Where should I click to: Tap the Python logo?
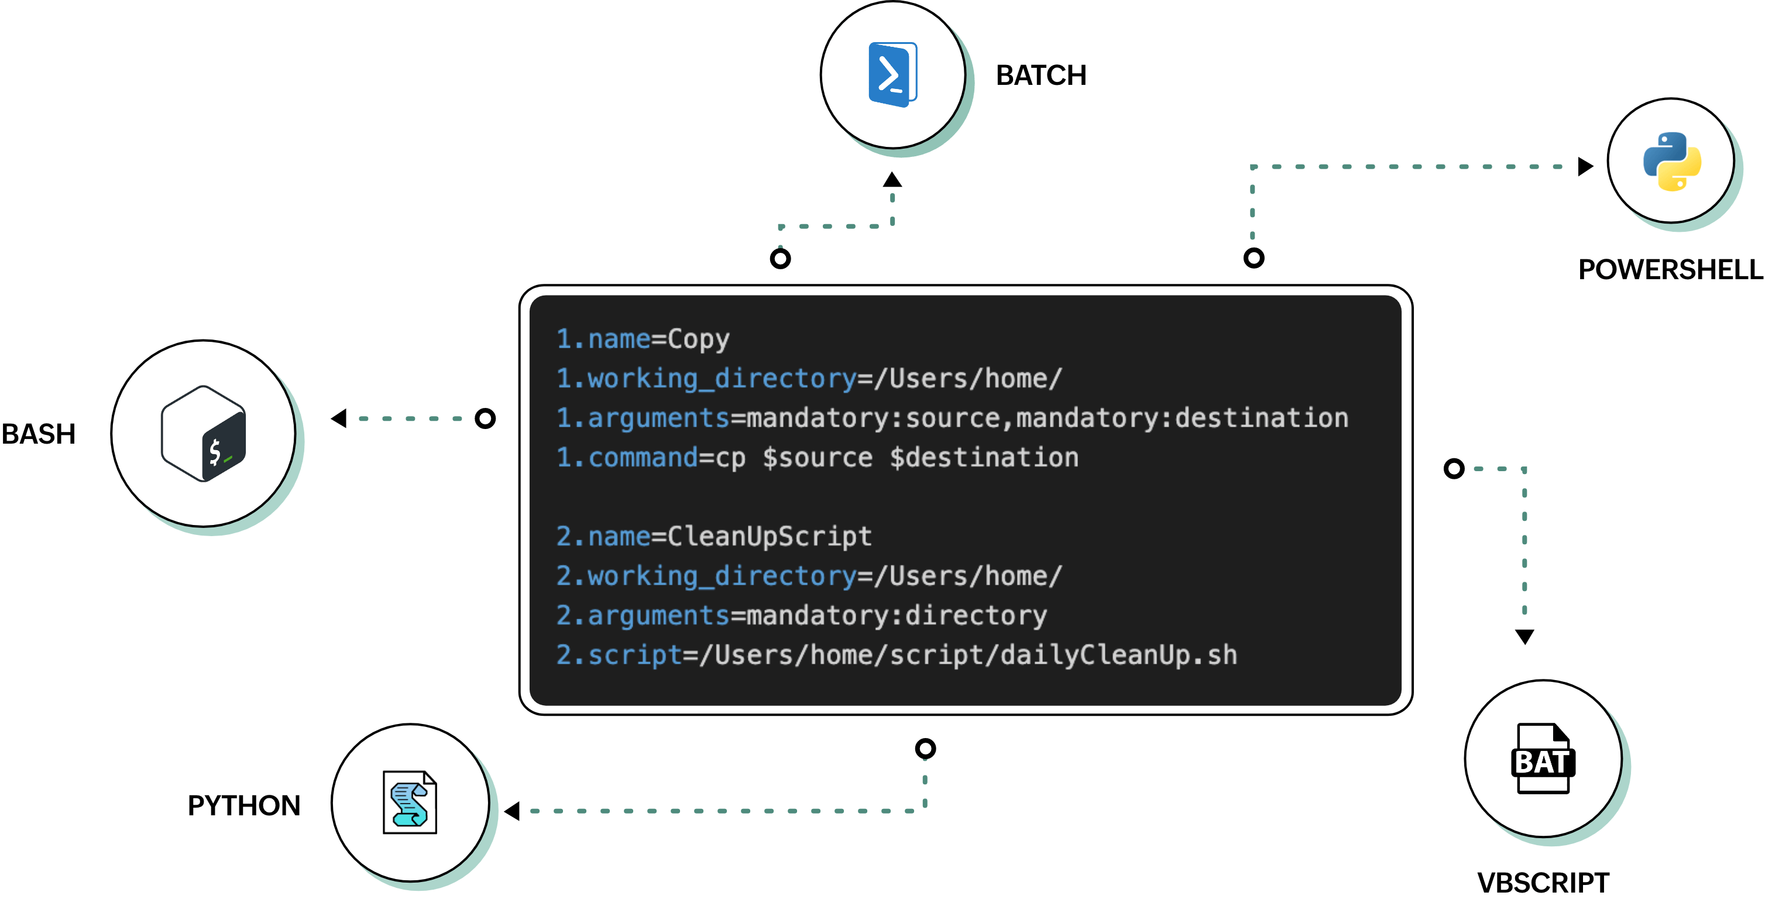click(x=1672, y=161)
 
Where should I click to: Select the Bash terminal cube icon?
click(x=204, y=434)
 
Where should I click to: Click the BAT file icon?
click(x=1543, y=759)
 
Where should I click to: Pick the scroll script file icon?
click(x=410, y=802)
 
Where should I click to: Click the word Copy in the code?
click(x=698, y=339)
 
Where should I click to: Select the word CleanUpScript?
click(x=770, y=537)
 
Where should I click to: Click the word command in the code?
click(x=643, y=458)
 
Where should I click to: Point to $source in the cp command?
click(x=818, y=458)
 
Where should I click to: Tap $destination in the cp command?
click(x=984, y=458)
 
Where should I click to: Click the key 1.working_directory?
click(x=706, y=379)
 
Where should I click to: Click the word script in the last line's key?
click(x=635, y=655)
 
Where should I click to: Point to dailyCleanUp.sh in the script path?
click(x=1119, y=655)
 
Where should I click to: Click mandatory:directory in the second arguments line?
click(x=896, y=615)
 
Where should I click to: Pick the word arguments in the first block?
click(x=658, y=418)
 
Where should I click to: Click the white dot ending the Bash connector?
click(x=485, y=418)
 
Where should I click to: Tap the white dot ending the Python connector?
click(x=1254, y=258)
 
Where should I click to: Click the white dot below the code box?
click(x=925, y=748)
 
